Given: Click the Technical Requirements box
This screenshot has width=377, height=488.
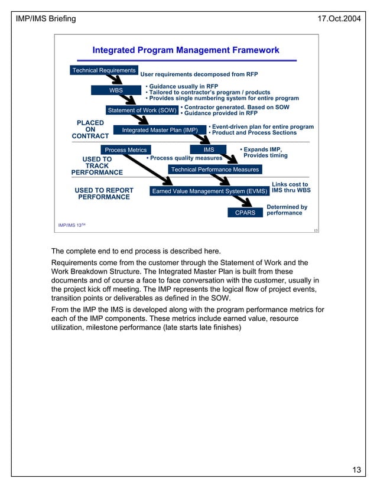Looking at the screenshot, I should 104,71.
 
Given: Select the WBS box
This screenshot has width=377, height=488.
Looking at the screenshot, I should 116,90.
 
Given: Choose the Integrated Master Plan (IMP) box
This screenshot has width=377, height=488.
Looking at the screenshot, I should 160,130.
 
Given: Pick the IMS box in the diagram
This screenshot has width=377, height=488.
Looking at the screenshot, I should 208,149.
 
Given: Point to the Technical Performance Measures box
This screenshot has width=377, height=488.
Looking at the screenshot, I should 214,170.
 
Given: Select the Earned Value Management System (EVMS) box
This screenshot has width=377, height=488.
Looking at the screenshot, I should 210,191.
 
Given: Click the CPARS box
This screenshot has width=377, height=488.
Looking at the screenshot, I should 245,213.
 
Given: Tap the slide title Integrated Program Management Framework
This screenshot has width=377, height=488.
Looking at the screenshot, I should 186,50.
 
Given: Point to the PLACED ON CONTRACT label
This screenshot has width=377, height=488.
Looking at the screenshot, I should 90,129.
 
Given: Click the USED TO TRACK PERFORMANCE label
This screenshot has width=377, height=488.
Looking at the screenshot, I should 97,166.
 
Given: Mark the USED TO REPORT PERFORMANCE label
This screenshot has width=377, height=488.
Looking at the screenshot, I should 104,194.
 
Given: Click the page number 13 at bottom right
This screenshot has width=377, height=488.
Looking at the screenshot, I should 356,470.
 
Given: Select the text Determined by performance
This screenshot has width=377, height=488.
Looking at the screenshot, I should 287,210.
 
